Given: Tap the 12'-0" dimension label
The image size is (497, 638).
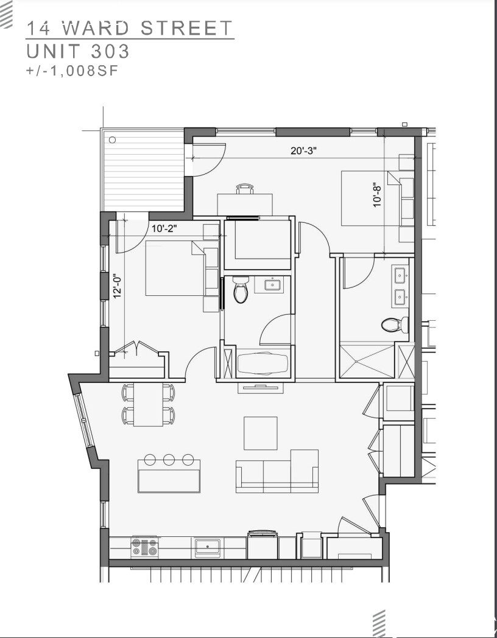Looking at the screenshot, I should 118,285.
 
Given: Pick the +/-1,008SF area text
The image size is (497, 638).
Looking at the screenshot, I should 71,71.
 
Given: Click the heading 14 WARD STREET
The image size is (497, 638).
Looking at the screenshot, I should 130,28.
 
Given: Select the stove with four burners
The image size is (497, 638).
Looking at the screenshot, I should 144,546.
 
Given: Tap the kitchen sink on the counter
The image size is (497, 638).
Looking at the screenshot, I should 208,546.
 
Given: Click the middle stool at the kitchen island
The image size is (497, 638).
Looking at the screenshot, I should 169,460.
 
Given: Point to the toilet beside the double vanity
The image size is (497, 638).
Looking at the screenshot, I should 395,324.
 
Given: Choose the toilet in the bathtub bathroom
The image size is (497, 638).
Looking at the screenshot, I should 241,290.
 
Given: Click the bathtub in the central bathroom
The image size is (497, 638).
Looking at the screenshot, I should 262,364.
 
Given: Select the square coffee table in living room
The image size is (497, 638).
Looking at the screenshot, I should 261,433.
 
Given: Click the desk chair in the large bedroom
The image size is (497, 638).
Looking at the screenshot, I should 245,189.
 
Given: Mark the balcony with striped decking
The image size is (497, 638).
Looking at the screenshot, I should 144,172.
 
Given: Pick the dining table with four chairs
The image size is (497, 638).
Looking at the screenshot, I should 148,405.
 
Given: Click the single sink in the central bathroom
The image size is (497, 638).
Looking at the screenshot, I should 269,284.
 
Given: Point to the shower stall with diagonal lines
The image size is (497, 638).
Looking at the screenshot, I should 367,362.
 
